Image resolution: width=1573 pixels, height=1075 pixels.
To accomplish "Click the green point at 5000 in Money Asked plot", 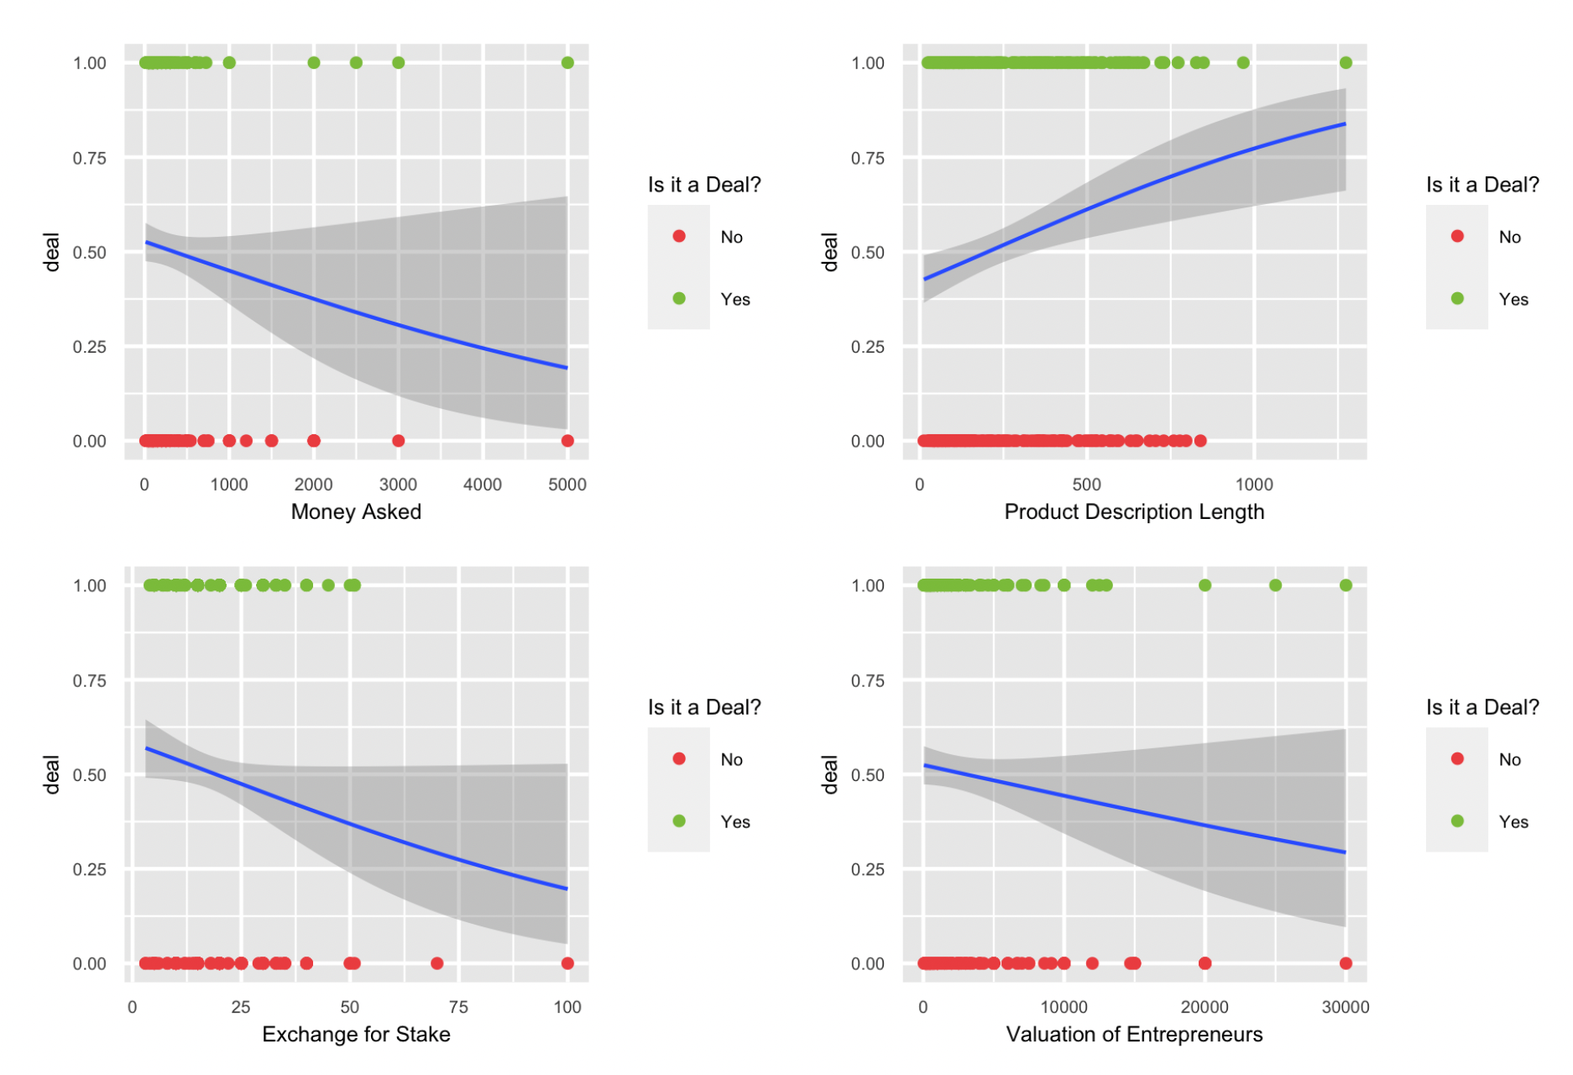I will tap(567, 63).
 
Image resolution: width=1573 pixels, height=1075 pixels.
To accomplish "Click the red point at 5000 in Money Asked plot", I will tap(567, 441).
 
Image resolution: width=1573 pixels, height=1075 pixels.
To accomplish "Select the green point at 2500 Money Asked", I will tap(356, 63).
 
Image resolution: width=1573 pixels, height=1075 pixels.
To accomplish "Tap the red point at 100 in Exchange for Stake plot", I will tap(567, 963).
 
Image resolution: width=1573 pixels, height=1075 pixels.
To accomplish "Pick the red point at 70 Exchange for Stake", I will tap(436, 963).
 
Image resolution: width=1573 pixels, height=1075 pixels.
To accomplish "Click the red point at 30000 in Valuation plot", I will tap(1346, 963).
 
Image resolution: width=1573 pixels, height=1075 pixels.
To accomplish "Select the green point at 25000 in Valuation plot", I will tap(1275, 585).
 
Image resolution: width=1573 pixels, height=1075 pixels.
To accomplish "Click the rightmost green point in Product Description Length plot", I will tap(1346, 63).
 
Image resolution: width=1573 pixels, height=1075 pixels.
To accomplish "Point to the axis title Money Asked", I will tap(356, 511).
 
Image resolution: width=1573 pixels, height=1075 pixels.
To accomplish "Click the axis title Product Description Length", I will tap(1134, 511).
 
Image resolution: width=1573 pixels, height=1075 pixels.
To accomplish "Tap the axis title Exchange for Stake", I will tap(356, 1034).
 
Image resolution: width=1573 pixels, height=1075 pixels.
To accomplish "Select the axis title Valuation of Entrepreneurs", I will tap(1134, 1034).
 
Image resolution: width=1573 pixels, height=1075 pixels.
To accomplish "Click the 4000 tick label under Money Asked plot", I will tap(483, 485).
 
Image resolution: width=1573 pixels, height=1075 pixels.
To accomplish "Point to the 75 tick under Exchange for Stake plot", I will tap(458, 1007).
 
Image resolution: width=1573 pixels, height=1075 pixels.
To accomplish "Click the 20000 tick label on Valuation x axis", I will tap(1205, 1007).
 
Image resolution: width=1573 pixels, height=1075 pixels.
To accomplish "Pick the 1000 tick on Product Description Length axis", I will tap(1254, 485).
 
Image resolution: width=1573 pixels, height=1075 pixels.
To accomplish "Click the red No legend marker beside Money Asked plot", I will tap(679, 237).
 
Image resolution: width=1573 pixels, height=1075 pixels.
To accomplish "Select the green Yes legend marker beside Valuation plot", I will tap(1457, 821).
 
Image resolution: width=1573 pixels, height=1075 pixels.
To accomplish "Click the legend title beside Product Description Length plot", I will tap(1482, 185).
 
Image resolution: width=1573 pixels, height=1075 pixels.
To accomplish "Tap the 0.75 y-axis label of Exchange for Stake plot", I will tap(90, 680).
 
